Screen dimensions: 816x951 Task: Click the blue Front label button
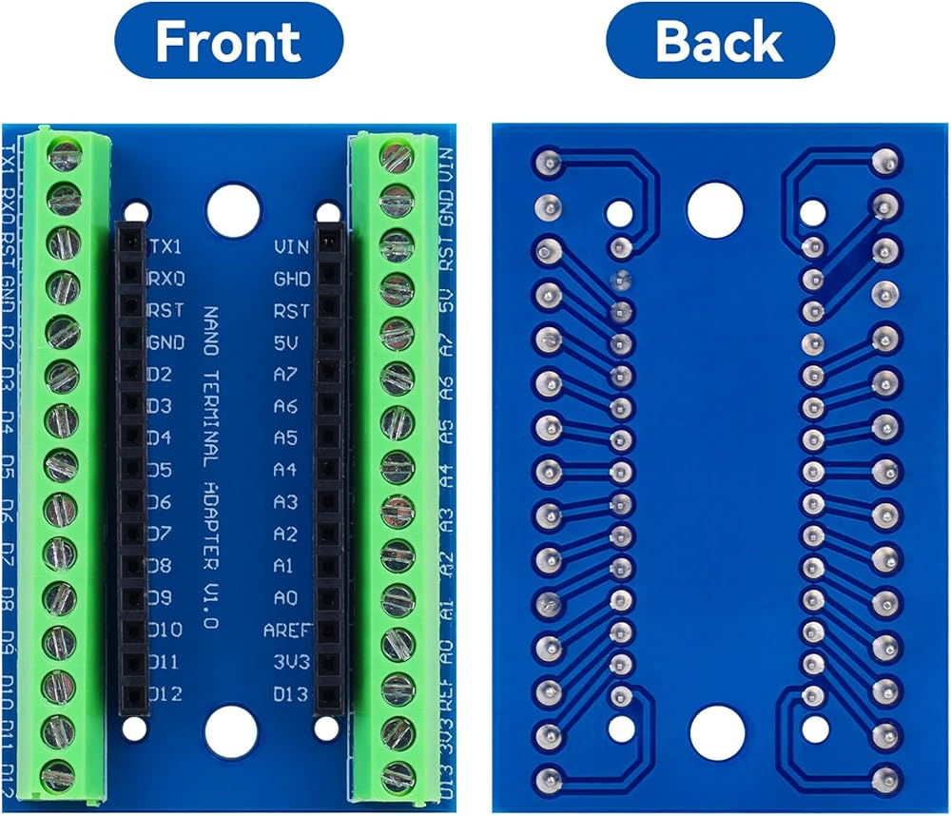(x=227, y=41)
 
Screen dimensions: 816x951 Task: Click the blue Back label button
(x=719, y=41)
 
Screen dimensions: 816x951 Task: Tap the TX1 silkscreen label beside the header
(x=165, y=246)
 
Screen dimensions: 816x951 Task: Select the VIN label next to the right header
(x=291, y=247)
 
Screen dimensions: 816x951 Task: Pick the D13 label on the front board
(x=291, y=694)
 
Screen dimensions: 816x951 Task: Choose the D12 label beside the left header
(x=165, y=694)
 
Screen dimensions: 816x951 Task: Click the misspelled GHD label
(x=291, y=280)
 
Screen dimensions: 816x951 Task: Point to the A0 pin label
(x=285, y=598)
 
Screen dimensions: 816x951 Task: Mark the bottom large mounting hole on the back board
(x=715, y=731)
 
